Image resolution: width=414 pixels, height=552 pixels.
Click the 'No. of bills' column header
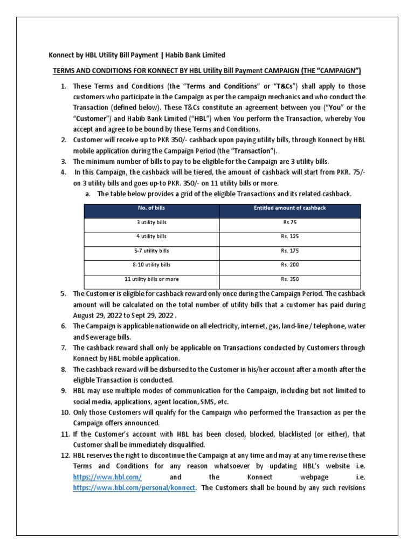(x=151, y=208)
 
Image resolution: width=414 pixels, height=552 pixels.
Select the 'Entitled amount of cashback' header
(x=289, y=208)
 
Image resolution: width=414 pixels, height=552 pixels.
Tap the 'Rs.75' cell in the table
(x=289, y=222)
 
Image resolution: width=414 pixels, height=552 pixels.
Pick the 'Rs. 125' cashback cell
(x=289, y=236)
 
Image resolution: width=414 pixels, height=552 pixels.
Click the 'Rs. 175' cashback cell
(x=289, y=251)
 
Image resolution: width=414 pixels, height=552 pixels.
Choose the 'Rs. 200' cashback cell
(x=289, y=265)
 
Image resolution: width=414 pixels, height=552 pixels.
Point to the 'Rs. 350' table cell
(x=289, y=279)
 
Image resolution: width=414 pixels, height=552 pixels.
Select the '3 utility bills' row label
(x=151, y=222)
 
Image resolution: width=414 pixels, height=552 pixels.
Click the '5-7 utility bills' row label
(x=151, y=251)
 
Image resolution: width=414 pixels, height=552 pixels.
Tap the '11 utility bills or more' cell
(x=151, y=279)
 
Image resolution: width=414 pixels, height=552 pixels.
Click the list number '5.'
(x=63, y=294)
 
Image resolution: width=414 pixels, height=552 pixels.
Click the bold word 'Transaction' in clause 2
(x=255, y=150)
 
